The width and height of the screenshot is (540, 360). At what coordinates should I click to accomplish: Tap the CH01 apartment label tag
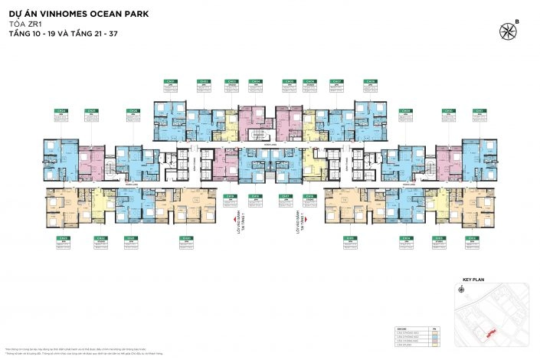coord(171,81)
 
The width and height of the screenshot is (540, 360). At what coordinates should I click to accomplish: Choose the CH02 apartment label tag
coord(204,81)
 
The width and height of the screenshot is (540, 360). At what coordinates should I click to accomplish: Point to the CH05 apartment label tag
coord(289,81)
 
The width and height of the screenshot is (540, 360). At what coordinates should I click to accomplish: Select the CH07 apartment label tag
coord(337,81)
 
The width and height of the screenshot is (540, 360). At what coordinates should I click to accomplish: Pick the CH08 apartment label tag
coord(371,81)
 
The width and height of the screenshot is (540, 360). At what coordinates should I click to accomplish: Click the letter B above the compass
coord(516,19)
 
